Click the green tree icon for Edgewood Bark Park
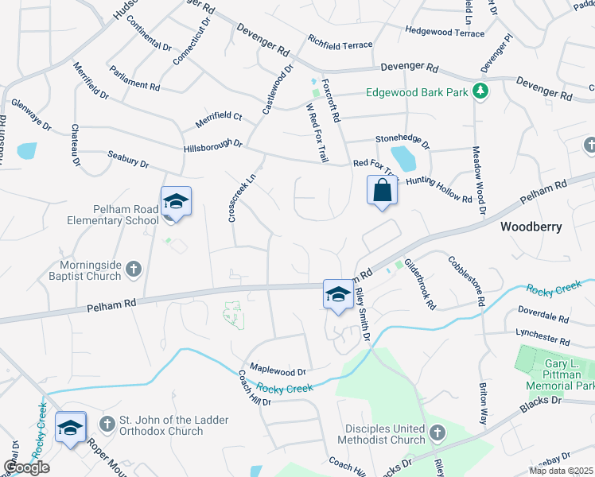(480, 92)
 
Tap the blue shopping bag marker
(383, 191)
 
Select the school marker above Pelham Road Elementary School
(176, 201)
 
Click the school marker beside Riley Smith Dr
(338, 294)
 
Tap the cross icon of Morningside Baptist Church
(133, 270)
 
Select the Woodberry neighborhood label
(531, 227)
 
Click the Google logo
(26, 467)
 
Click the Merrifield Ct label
(218, 121)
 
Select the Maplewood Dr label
(278, 370)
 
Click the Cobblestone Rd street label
(467, 281)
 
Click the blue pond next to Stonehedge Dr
(403, 158)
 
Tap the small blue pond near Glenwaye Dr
(26, 150)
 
